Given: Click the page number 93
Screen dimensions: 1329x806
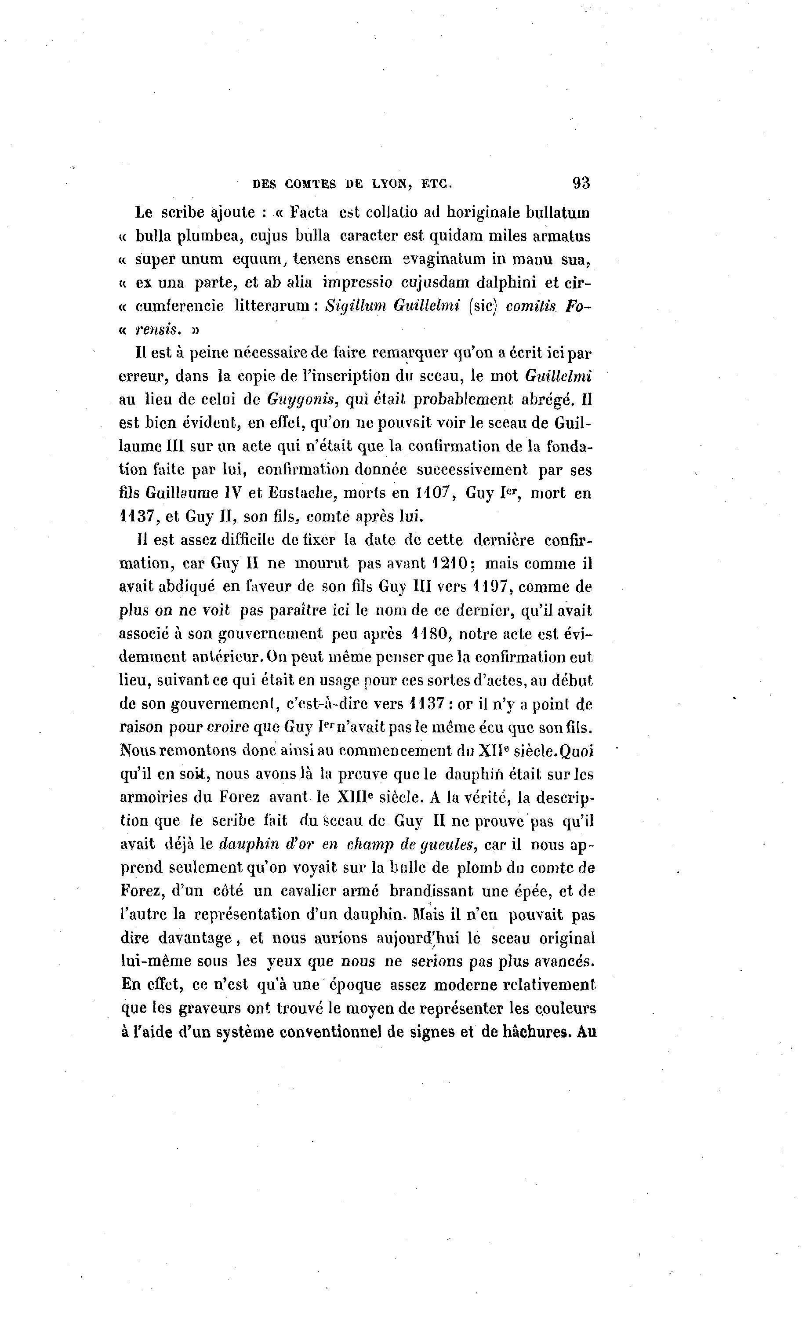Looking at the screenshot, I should coord(581,183).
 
